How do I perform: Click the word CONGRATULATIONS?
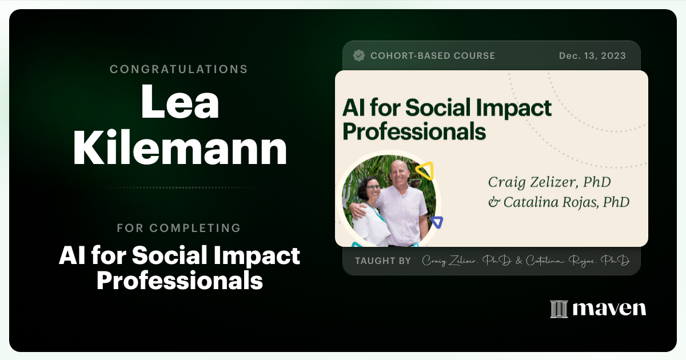[x=178, y=69]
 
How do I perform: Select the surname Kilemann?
[x=180, y=148]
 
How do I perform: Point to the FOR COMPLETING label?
[x=178, y=228]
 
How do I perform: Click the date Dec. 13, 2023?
[x=592, y=55]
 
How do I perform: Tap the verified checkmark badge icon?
[x=359, y=55]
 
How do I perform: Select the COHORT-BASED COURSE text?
[x=432, y=55]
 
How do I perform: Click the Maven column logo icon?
[x=559, y=309]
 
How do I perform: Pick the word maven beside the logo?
[x=609, y=309]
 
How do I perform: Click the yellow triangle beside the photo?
[x=424, y=170]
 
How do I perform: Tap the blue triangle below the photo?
[x=437, y=222]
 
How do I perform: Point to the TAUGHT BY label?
[x=382, y=261]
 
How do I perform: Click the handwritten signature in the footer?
[x=525, y=261]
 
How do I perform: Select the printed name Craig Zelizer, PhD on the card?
[x=549, y=182]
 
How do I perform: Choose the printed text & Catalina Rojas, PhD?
[x=559, y=202]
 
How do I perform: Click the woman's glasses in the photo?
[x=372, y=187]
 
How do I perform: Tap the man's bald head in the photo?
[x=398, y=167]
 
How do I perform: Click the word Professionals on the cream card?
[x=414, y=131]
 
